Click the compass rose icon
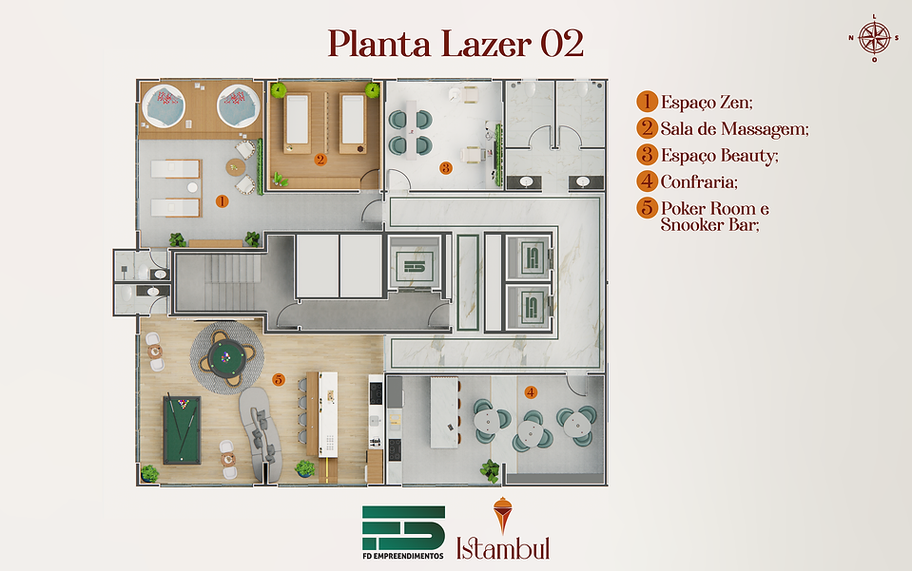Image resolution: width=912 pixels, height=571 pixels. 874,38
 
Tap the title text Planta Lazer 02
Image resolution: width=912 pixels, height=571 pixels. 456,44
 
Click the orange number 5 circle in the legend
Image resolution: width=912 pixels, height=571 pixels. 647,207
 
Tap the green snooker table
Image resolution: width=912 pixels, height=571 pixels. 182,429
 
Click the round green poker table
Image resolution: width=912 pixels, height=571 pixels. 227,358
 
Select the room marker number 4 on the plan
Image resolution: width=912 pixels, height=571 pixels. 530,392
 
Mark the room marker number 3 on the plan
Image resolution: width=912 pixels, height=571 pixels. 445,168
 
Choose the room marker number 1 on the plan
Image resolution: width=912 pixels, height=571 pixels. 222,201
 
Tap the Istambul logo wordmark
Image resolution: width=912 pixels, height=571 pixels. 503,548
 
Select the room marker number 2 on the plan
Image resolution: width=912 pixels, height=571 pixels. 320,160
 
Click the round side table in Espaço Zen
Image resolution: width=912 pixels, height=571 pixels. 235,167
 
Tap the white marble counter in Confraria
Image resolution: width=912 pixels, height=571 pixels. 444,412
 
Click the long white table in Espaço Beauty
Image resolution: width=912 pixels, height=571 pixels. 411,130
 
